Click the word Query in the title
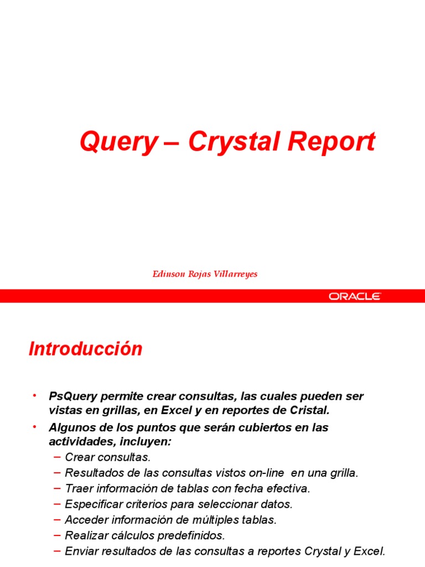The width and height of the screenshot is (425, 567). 118,142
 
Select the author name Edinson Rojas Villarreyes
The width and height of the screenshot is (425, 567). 205,274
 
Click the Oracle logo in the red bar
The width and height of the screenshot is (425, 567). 355,296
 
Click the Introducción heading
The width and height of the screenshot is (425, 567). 86,349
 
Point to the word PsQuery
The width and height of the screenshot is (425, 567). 73,396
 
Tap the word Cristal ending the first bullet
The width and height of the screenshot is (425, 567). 310,410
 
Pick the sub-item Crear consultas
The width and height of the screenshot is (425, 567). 107,457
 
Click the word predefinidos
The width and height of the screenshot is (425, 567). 188,535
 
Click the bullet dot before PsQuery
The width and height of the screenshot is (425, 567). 34,395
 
